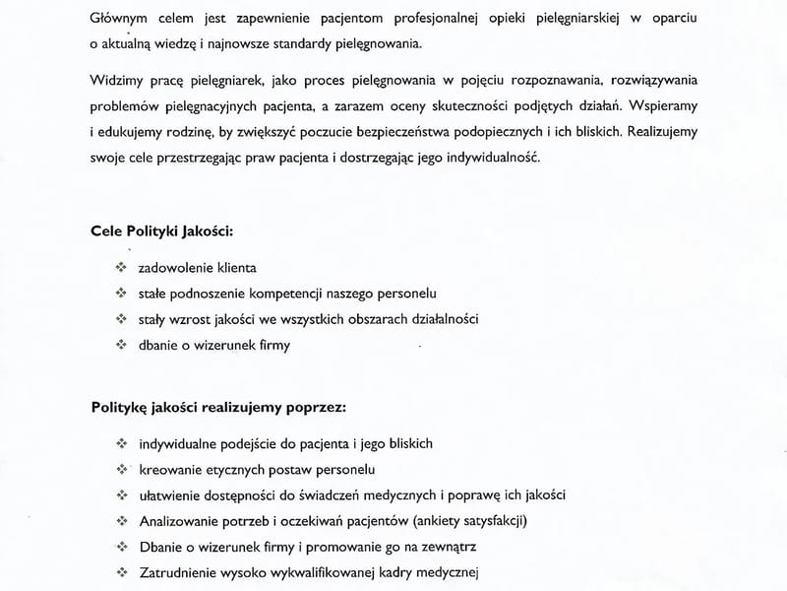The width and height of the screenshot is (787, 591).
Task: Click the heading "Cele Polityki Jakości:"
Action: pos(162,232)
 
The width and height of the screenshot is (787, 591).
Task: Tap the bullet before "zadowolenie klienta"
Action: pos(121,267)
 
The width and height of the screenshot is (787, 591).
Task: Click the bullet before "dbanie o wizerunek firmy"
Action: pos(121,345)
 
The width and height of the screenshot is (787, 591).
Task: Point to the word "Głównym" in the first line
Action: pos(116,19)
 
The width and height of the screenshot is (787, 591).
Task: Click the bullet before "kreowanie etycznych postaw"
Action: pos(121,469)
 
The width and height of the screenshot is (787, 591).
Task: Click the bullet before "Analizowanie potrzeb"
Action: pos(121,520)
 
